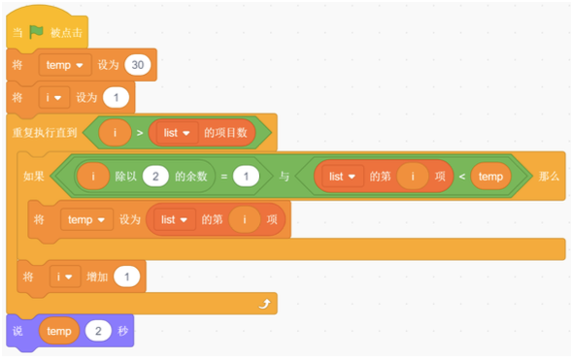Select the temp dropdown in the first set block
click(x=66, y=65)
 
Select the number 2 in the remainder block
click(x=154, y=177)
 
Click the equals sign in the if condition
click(x=222, y=177)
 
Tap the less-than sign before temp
click(x=460, y=177)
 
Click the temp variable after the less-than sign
click(x=489, y=177)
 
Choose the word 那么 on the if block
click(x=550, y=177)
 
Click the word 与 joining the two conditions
click(x=285, y=177)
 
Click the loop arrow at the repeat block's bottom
click(x=264, y=305)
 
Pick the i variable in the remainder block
click(x=94, y=177)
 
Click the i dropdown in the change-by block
click(x=64, y=278)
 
